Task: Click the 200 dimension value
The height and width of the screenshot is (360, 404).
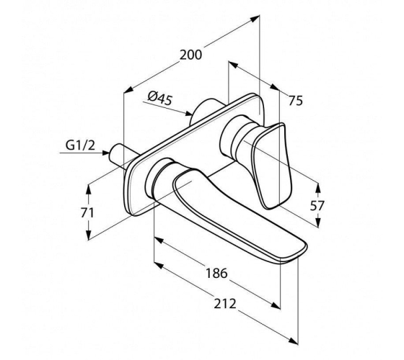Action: (x=190, y=55)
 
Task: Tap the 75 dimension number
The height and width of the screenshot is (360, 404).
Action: (x=295, y=101)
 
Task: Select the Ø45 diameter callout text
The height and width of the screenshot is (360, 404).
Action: (x=160, y=98)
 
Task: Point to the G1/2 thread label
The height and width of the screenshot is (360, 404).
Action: (x=80, y=145)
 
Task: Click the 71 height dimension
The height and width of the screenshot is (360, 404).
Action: (x=87, y=213)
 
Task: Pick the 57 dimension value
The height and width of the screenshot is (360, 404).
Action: (x=317, y=206)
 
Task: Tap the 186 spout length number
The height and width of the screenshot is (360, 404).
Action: (x=216, y=273)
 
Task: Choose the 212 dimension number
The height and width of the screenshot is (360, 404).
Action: (x=225, y=304)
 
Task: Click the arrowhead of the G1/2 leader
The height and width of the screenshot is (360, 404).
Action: (x=106, y=153)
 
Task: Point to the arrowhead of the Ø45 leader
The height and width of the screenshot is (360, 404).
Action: (x=188, y=114)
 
